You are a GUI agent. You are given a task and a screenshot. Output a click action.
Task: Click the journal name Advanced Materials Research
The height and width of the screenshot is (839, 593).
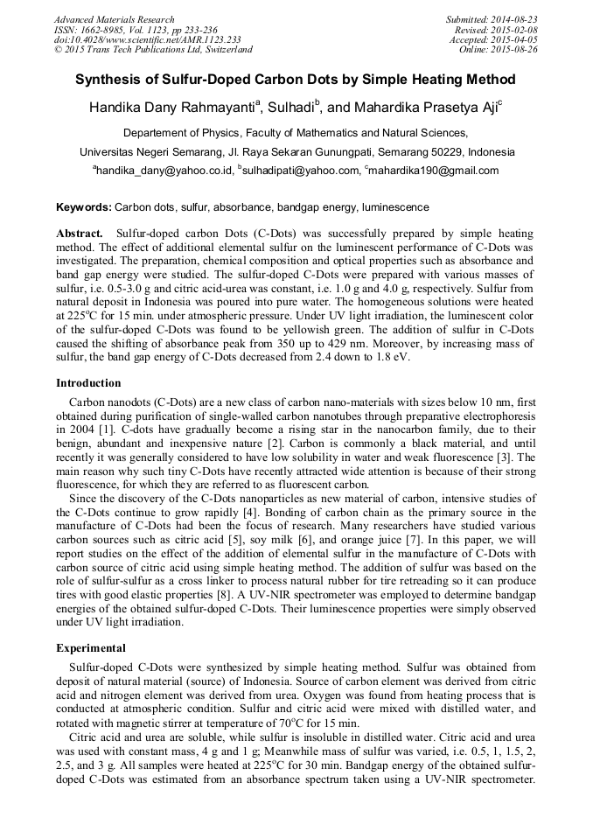pos(114,19)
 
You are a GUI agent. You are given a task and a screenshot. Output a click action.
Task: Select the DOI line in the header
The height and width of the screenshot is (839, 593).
pos(147,39)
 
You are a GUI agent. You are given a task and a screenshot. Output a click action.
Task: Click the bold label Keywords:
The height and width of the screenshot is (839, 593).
pos(84,208)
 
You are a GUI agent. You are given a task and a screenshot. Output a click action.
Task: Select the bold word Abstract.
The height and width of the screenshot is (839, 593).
pos(79,234)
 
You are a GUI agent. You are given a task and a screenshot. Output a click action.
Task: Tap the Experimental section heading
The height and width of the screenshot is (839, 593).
pos(92,648)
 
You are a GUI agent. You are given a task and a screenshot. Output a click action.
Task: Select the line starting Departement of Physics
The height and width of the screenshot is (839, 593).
pos(296,134)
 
